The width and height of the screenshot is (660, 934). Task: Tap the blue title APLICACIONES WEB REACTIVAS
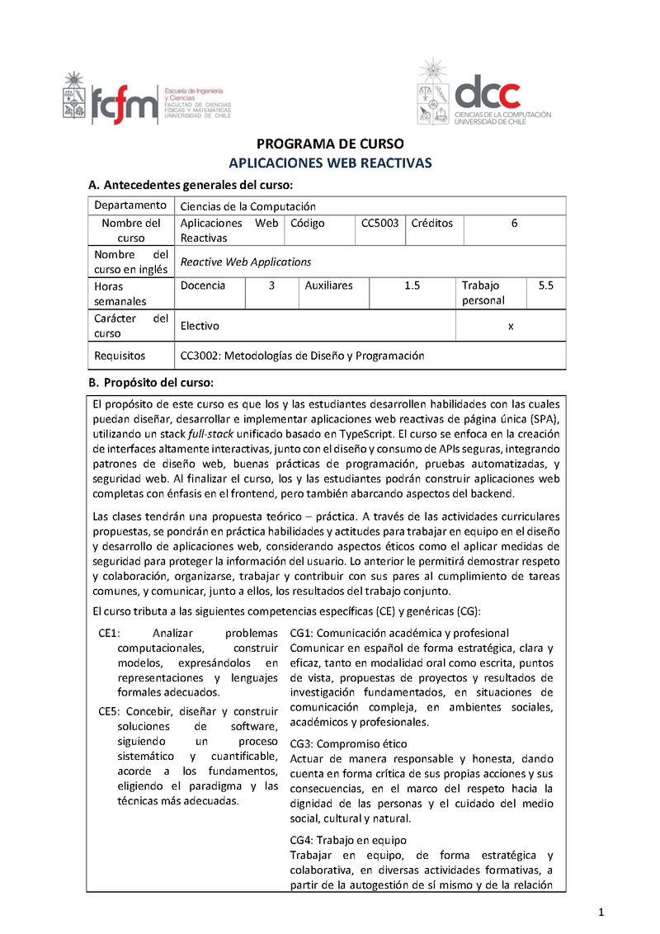pyautogui.click(x=329, y=163)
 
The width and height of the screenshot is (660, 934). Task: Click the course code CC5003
pyautogui.click(x=380, y=224)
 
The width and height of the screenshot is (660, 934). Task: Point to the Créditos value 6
pyautogui.click(x=514, y=224)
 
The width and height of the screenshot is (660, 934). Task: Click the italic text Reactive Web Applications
pyautogui.click(x=246, y=262)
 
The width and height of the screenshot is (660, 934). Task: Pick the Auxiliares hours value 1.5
pyautogui.click(x=412, y=285)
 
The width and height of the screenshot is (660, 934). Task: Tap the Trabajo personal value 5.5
pyautogui.click(x=545, y=285)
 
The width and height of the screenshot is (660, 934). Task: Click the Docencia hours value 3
pyautogui.click(x=271, y=285)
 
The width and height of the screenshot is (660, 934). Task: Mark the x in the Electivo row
pyautogui.click(x=511, y=326)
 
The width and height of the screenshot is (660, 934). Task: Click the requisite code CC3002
pyautogui.click(x=200, y=356)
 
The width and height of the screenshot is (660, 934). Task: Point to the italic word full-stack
pyautogui.click(x=210, y=433)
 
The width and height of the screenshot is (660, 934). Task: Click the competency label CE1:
pyautogui.click(x=109, y=634)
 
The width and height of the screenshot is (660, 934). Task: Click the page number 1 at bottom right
pyautogui.click(x=601, y=911)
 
